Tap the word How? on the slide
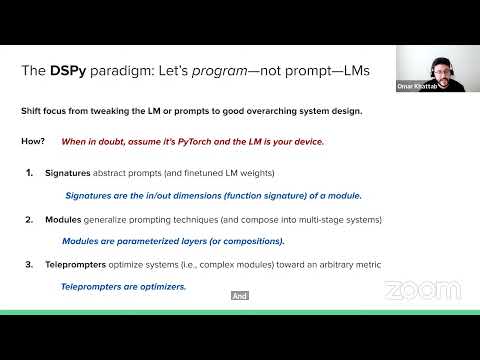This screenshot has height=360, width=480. point(32,142)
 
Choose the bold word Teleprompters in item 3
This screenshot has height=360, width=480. point(77,264)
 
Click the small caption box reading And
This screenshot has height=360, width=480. point(239,296)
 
